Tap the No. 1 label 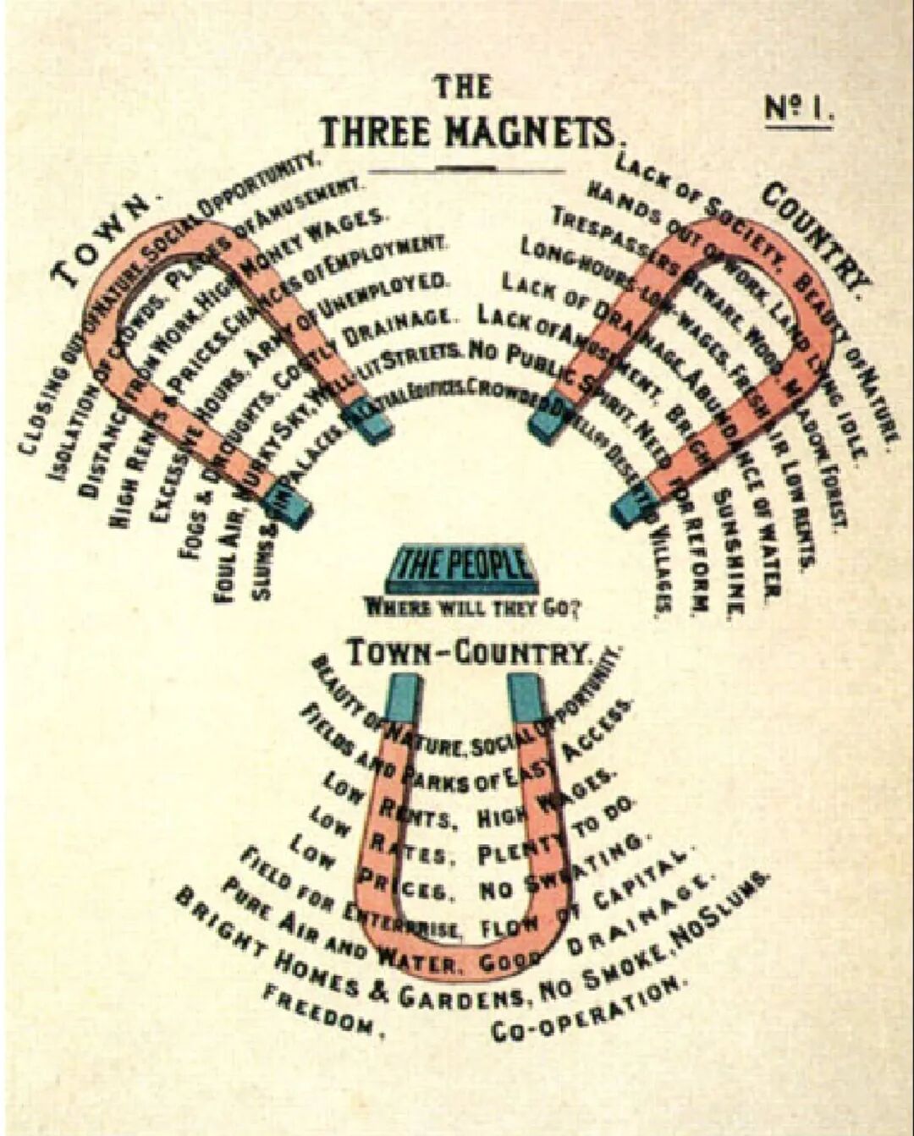[x=799, y=109]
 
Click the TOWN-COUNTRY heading [x=468, y=653]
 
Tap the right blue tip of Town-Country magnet [x=525, y=696]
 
